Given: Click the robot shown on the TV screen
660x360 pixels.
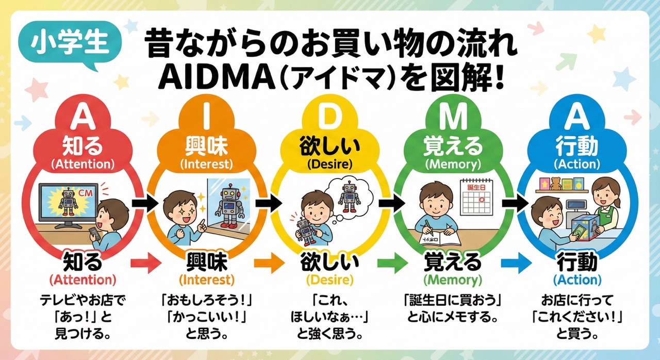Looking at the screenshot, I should [x=68, y=201].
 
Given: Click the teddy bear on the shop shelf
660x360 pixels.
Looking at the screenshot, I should [x=555, y=183].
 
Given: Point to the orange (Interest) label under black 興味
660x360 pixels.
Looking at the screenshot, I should [x=206, y=280].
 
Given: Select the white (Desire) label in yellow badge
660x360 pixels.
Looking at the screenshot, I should [x=329, y=165].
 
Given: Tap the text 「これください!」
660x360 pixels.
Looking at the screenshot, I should [x=577, y=314].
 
